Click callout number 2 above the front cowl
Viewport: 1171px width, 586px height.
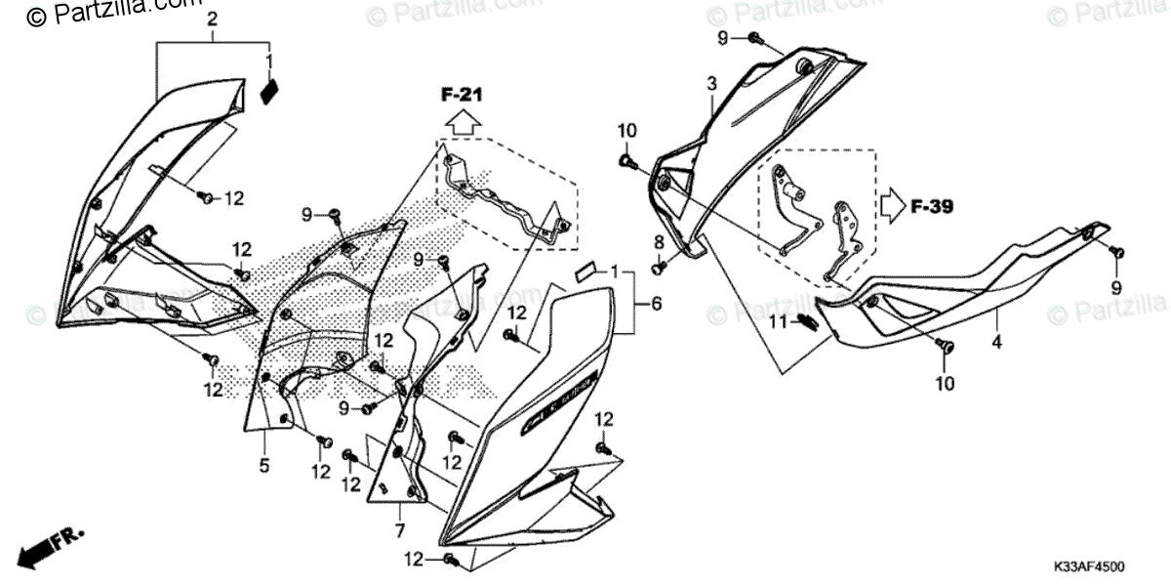tap(213, 20)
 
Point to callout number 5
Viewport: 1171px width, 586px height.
tap(263, 466)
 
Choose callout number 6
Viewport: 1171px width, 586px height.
tap(656, 305)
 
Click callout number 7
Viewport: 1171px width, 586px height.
tap(399, 530)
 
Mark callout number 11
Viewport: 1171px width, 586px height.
tap(780, 322)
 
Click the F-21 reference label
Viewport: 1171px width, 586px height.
tap(462, 95)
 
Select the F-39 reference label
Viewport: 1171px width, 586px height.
tap(931, 207)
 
